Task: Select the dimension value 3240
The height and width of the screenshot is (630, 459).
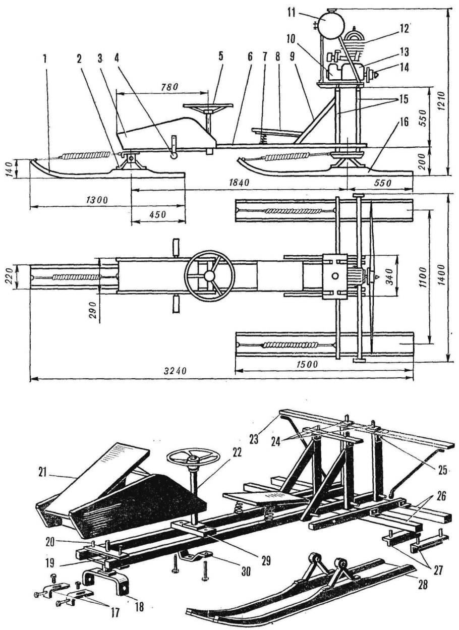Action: pyautogui.click(x=175, y=371)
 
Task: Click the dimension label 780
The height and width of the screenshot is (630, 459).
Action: pyautogui.click(x=170, y=87)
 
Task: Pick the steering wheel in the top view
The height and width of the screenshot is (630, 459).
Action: pyautogui.click(x=210, y=276)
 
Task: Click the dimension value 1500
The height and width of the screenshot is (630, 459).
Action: pyautogui.click(x=307, y=365)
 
